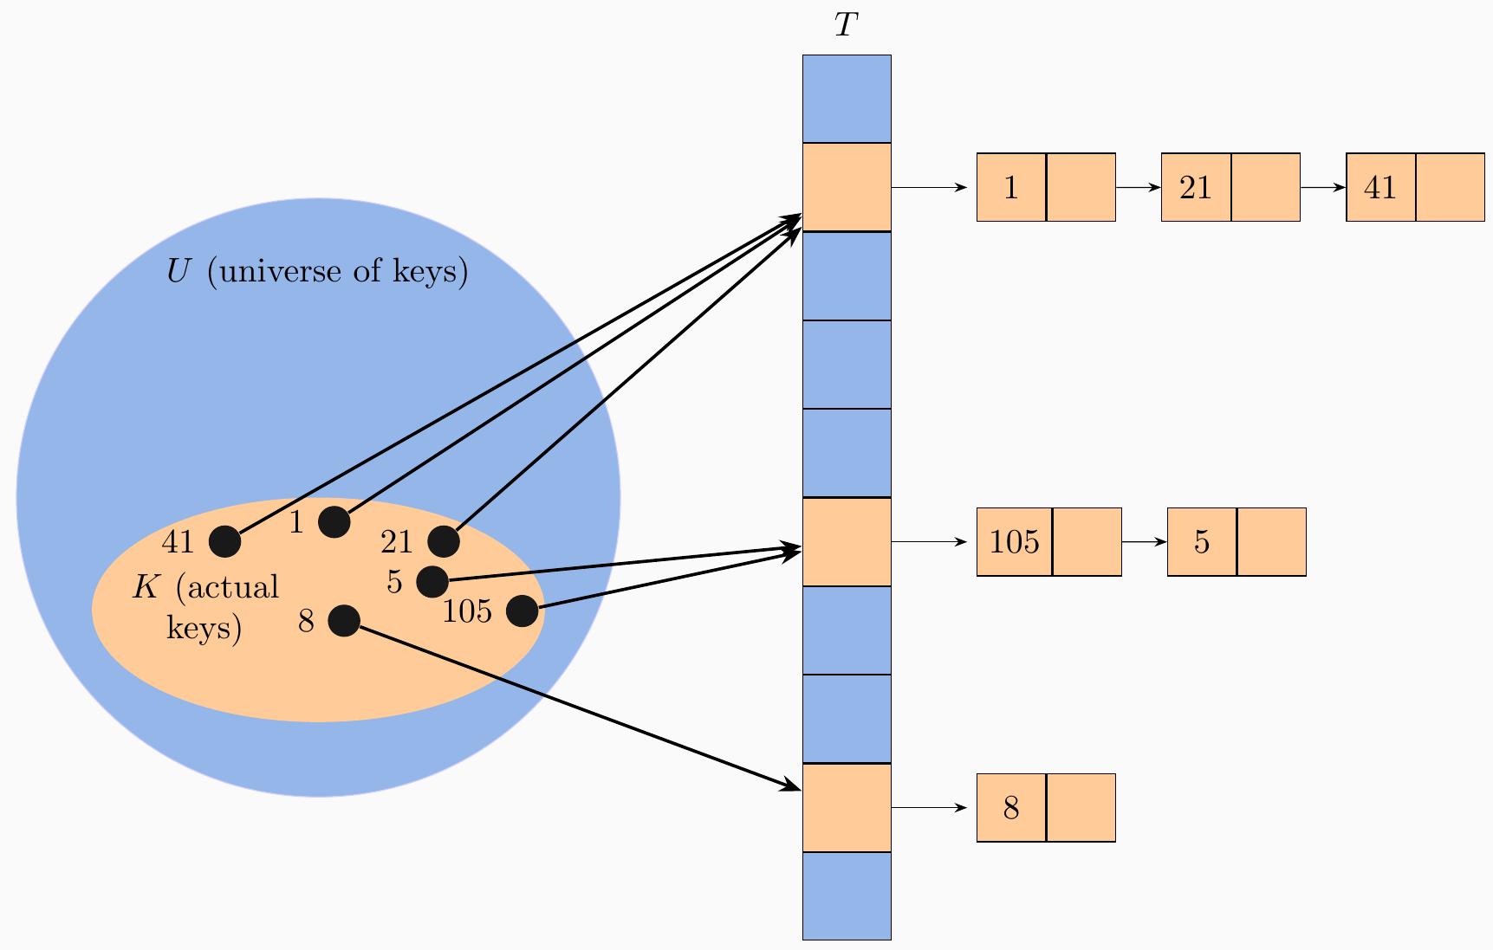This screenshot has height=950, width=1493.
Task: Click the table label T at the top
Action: (x=846, y=26)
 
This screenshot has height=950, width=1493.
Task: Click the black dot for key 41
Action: (x=225, y=541)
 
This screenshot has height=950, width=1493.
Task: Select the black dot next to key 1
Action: (x=334, y=522)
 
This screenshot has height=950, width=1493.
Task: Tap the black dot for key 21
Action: (x=444, y=541)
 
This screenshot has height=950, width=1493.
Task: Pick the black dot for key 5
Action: (x=432, y=581)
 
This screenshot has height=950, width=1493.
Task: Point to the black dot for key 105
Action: (x=522, y=611)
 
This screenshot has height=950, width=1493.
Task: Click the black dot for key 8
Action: (x=344, y=621)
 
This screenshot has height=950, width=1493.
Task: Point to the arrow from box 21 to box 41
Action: (x=1322, y=187)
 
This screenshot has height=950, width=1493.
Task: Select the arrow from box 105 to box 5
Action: (x=1144, y=542)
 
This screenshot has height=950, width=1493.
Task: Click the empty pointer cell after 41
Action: (x=1450, y=187)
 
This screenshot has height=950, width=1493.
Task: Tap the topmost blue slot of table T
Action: (x=847, y=99)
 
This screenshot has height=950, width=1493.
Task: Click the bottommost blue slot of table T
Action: (x=847, y=895)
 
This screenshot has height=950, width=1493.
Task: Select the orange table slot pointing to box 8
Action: (x=847, y=807)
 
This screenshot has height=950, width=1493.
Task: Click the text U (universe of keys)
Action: (x=317, y=272)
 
